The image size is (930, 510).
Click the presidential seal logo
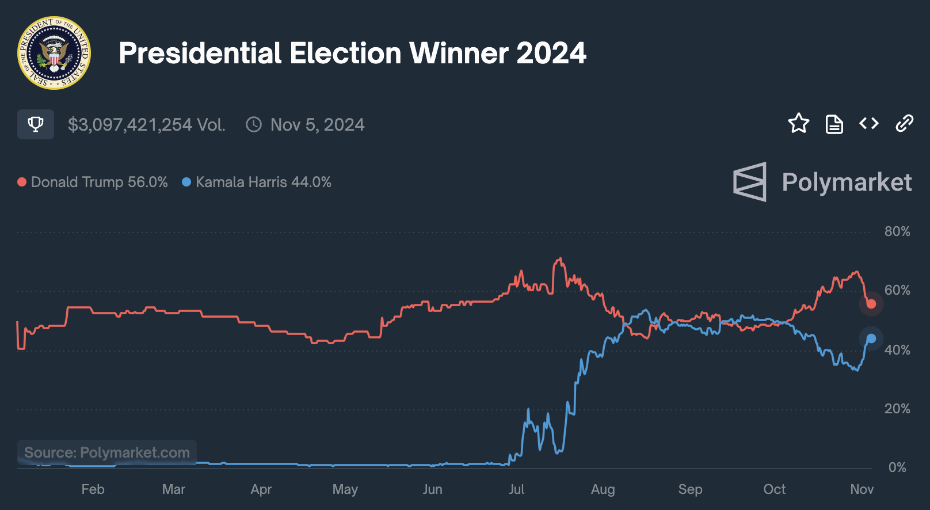[54, 53]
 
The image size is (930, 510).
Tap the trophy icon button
[36, 124]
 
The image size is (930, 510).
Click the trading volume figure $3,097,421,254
[130, 125]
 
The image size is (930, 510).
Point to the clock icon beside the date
[254, 125]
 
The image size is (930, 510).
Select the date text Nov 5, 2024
[317, 125]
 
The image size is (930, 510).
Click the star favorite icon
[798, 123]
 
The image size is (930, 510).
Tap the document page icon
[834, 124]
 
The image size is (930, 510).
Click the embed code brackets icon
[869, 123]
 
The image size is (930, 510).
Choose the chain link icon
[904, 123]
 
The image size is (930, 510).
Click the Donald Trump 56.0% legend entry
[93, 182]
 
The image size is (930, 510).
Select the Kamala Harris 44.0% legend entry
[257, 182]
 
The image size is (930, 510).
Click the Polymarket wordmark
[846, 182]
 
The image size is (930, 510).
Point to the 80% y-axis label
[897, 231]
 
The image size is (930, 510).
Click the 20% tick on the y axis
[897, 409]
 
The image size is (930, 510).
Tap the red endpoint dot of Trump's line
[871, 304]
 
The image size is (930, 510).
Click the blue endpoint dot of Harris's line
[871, 338]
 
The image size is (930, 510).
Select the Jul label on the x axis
[516, 489]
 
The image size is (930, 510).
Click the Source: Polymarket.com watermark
[107, 452]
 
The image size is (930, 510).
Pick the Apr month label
[261, 489]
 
